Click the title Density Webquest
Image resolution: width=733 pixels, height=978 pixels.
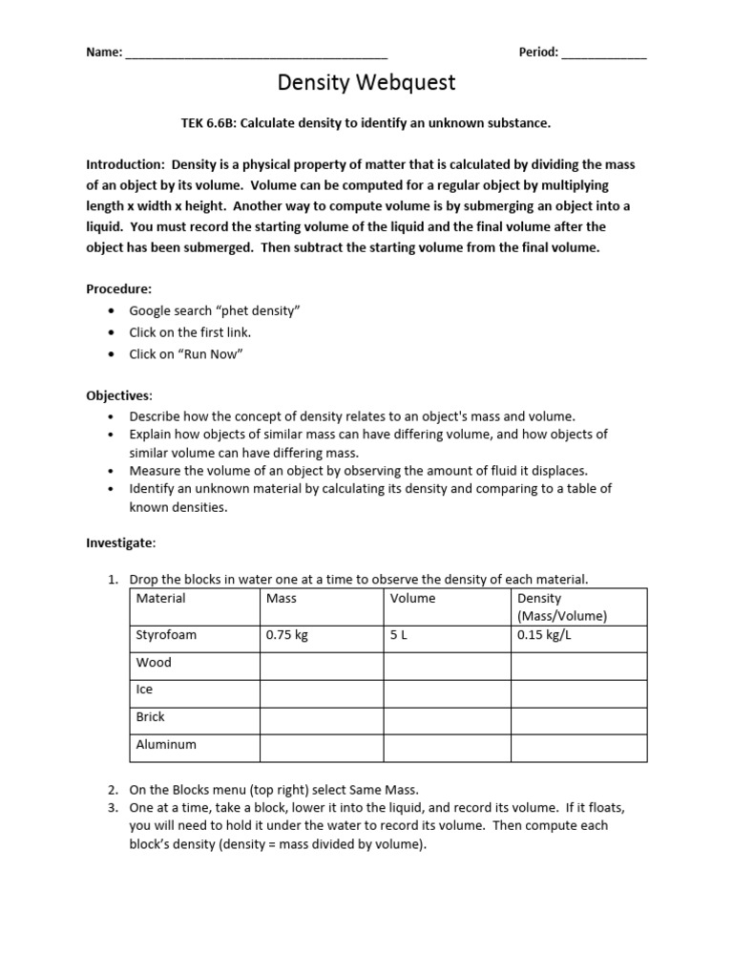pyautogui.click(x=366, y=83)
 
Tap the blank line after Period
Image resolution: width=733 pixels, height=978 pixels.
pyautogui.click(x=604, y=53)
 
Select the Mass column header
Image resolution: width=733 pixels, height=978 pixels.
pyautogui.click(x=282, y=599)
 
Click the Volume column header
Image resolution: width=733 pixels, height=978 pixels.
pyautogui.click(x=412, y=599)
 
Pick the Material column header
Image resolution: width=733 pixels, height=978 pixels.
pyautogui.click(x=161, y=599)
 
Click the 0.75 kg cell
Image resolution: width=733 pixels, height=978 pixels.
pyautogui.click(x=287, y=635)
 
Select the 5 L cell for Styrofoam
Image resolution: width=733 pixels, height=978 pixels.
pyautogui.click(x=399, y=635)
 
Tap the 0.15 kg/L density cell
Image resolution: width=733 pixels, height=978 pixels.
pyautogui.click(x=544, y=635)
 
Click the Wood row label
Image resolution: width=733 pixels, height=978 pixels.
pyautogui.click(x=154, y=663)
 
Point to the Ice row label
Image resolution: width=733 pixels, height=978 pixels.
pyautogui.click(x=145, y=690)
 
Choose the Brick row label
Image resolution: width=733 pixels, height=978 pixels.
pyautogui.click(x=151, y=716)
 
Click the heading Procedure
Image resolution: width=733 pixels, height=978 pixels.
pyautogui.click(x=118, y=288)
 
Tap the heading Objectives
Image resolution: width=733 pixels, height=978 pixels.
pyautogui.click(x=118, y=395)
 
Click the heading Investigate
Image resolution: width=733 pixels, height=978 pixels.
pyautogui.click(x=120, y=542)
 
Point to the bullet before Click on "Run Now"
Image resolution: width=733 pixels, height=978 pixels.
pyautogui.click(x=113, y=355)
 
